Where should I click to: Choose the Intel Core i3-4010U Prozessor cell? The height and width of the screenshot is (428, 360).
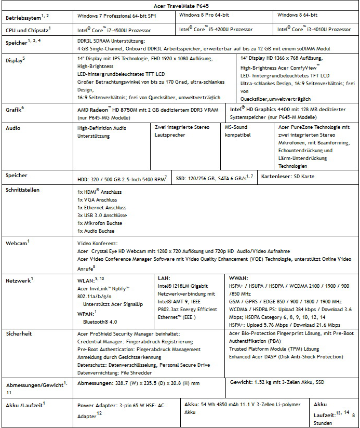tap(314, 30)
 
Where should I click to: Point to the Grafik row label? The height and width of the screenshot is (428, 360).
tap(15, 110)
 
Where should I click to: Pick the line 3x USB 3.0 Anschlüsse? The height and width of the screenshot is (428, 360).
tap(102, 215)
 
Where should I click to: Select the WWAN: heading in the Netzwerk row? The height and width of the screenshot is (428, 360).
tap(238, 278)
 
